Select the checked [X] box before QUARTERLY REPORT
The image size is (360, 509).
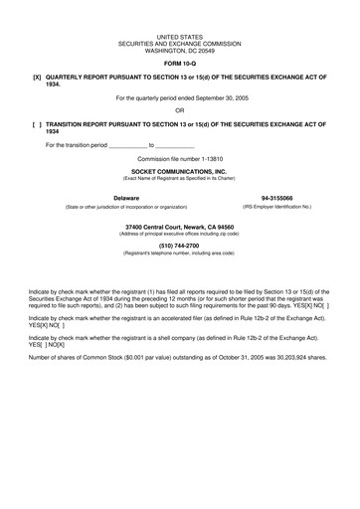(37, 77)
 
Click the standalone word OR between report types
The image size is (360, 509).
(180, 110)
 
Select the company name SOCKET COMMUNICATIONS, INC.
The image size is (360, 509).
(180, 171)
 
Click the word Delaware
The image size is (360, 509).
(126, 198)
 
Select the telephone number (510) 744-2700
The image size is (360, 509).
(180, 246)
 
